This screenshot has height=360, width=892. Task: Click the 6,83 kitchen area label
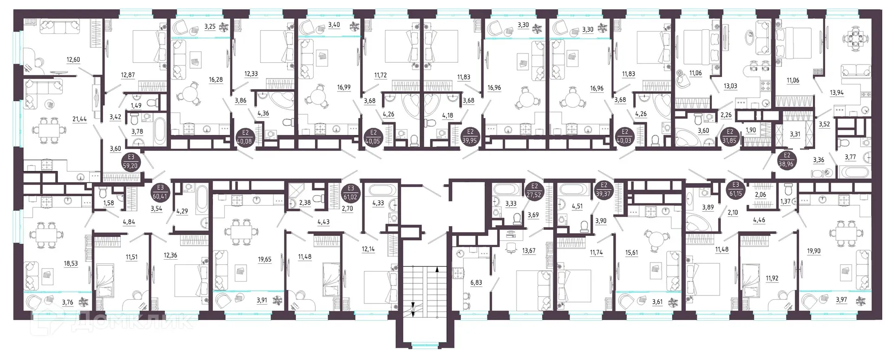tap(476, 282)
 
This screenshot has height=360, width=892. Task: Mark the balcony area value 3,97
tap(841, 300)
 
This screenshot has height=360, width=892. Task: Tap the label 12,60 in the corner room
tap(73, 59)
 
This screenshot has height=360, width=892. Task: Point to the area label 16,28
tap(216, 80)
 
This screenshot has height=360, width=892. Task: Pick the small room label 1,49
tap(136, 106)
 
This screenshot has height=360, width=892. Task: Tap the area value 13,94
tap(837, 93)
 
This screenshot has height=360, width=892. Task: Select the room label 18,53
tap(71, 263)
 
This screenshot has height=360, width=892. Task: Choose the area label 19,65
tap(265, 260)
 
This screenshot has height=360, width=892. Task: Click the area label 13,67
tap(529, 251)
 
